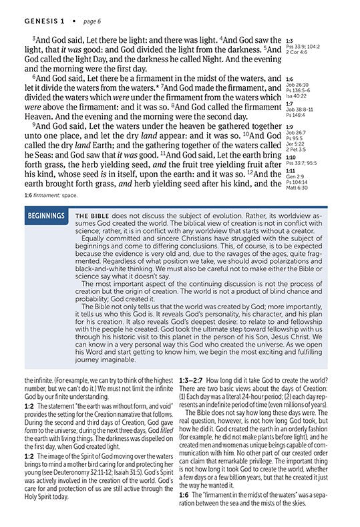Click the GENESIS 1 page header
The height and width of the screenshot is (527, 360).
pyautogui.click(x=29, y=9)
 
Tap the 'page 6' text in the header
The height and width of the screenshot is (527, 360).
pyautogui.click(x=79, y=9)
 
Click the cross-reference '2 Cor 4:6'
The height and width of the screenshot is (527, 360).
pyautogui.click(x=297, y=51)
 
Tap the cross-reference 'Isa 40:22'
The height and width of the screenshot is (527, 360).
pyautogui.click(x=296, y=95)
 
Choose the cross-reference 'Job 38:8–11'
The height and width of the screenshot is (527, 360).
pyautogui.click(x=299, y=109)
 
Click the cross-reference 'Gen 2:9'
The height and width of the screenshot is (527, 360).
pyautogui.click(x=295, y=176)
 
